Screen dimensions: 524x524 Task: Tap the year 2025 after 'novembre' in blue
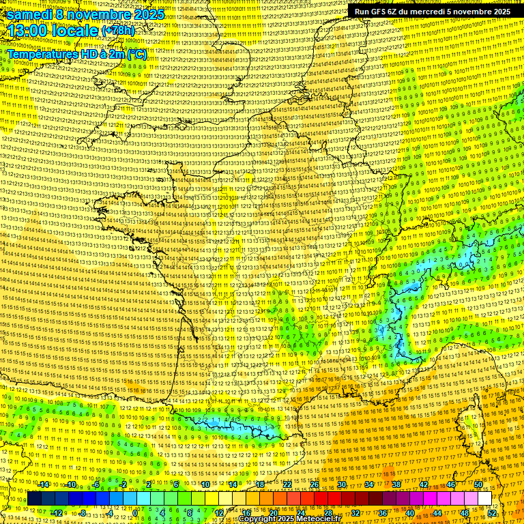point(147,14)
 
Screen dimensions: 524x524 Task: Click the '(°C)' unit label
point(135,53)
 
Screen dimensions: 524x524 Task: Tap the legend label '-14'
point(44,484)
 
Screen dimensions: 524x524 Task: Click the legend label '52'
point(492,512)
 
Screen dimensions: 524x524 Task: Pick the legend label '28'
point(328,512)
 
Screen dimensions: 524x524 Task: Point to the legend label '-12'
point(57,512)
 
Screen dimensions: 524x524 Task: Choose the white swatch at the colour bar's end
point(484,499)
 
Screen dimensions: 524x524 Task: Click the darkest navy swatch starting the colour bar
point(34,499)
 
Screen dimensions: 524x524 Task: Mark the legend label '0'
point(136,512)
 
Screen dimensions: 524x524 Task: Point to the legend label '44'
point(437,512)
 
